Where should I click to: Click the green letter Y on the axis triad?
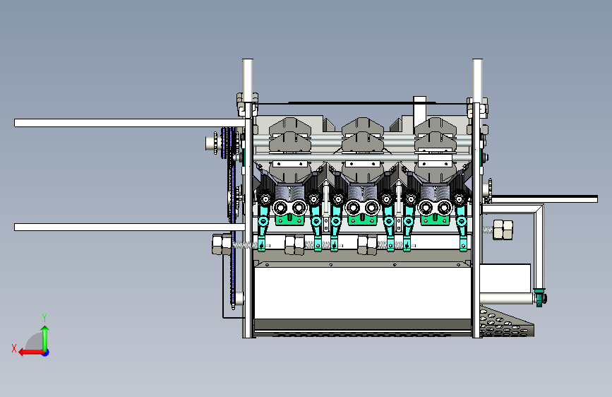(44, 317)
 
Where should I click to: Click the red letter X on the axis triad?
(14, 348)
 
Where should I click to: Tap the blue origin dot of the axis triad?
(46, 352)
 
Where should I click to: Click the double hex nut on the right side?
(503, 230)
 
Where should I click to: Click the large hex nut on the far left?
(222, 244)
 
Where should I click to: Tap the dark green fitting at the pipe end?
(540, 298)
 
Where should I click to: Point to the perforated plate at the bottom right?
(507, 323)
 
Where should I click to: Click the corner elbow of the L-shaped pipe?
(539, 208)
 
